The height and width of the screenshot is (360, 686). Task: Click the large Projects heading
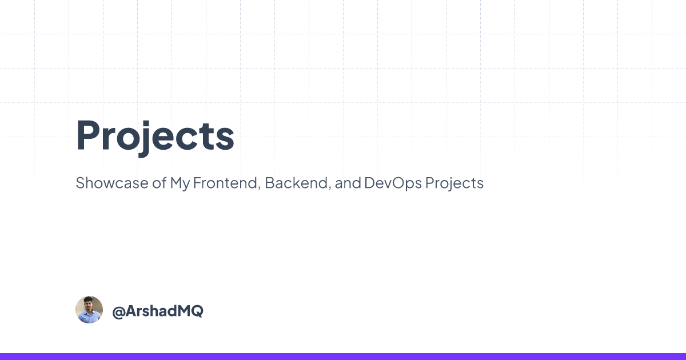155,137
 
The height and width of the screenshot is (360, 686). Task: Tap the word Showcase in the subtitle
112,183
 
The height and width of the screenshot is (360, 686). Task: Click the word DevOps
393,183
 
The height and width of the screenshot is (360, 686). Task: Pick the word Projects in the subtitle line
454,183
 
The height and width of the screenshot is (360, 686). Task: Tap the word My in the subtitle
180,183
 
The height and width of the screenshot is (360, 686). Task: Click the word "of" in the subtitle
159,183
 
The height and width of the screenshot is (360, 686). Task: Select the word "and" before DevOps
348,183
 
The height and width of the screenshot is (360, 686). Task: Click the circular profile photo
89,310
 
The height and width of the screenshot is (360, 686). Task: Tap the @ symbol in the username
118,311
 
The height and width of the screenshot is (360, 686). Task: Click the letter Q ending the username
197,311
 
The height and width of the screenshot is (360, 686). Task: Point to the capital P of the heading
89,135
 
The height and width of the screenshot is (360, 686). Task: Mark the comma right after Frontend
260,187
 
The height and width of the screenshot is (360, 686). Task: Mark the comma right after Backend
330,187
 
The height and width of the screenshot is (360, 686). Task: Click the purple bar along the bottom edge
343,357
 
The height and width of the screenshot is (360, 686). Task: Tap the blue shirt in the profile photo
89,317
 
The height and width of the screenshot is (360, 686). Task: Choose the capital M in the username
183,311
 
